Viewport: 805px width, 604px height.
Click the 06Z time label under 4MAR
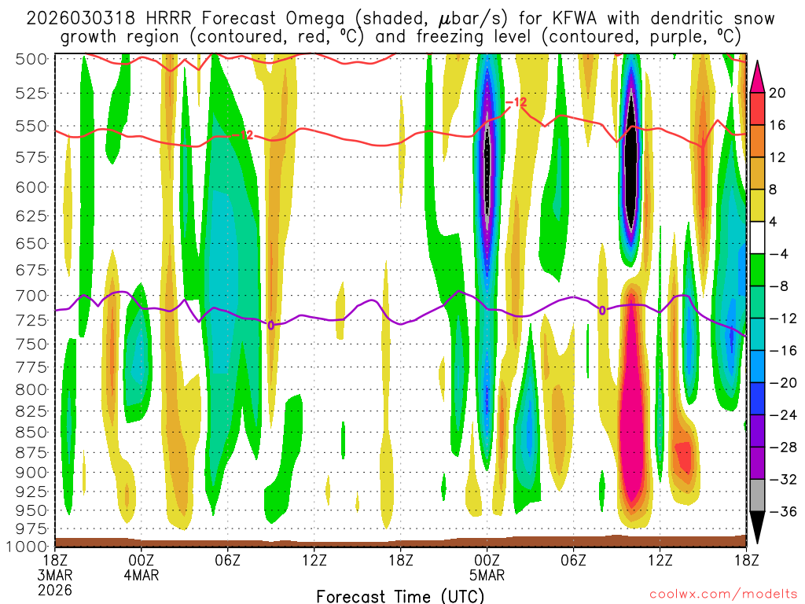[x=227, y=560]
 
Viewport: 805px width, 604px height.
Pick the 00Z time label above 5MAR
[x=487, y=560]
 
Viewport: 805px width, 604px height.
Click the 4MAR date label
[x=142, y=575]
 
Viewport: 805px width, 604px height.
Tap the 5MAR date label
[x=487, y=575]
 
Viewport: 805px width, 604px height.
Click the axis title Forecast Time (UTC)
[x=401, y=595]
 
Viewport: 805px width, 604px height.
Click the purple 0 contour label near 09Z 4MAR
[x=271, y=325]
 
